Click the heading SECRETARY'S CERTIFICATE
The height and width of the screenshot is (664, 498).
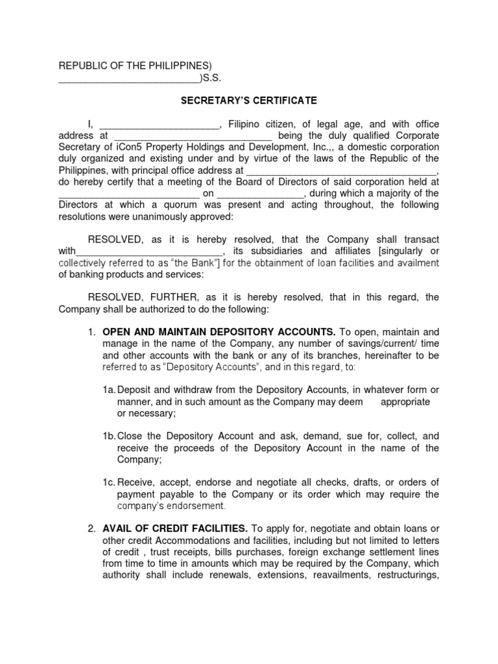pyautogui.click(x=248, y=101)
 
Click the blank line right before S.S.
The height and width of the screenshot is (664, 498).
pyautogui.click(x=129, y=80)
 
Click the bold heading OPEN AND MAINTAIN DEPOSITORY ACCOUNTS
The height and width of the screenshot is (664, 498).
pyautogui.click(x=219, y=331)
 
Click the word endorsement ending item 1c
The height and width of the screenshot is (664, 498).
pyautogui.click(x=194, y=506)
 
